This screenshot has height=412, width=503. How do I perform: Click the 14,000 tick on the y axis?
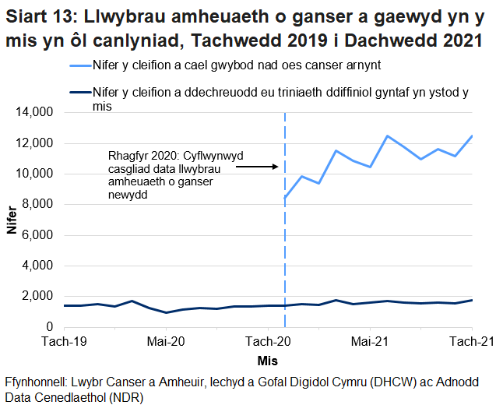[34, 112]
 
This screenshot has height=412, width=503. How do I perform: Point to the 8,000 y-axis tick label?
[37, 204]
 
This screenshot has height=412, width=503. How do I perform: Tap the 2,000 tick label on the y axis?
[37, 296]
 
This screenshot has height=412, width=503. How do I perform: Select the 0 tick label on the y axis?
[48, 327]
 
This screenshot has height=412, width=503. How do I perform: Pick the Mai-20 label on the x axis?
[165, 341]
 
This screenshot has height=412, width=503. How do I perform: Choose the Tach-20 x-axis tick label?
[268, 341]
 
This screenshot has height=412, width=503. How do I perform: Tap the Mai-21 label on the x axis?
[370, 341]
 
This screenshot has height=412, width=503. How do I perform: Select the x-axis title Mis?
[267, 361]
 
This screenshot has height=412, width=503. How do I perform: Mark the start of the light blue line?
[285, 198]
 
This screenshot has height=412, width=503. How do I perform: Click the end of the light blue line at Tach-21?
[473, 136]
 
